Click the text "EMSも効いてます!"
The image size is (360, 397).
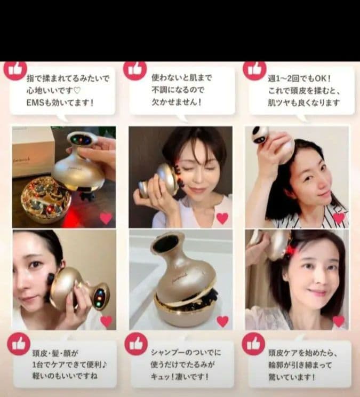click(x=60, y=102)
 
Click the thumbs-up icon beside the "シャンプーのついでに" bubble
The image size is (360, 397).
click(x=136, y=344)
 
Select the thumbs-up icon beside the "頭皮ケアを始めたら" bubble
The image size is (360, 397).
click(x=253, y=344)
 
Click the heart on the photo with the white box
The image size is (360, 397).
click(x=106, y=218)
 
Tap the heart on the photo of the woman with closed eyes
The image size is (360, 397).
click(x=222, y=218)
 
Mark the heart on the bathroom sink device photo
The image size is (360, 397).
click(x=222, y=321)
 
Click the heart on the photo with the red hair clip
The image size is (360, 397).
click(x=339, y=321)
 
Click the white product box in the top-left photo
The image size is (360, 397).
click(x=33, y=152)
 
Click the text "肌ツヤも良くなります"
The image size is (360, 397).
click(x=303, y=102)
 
